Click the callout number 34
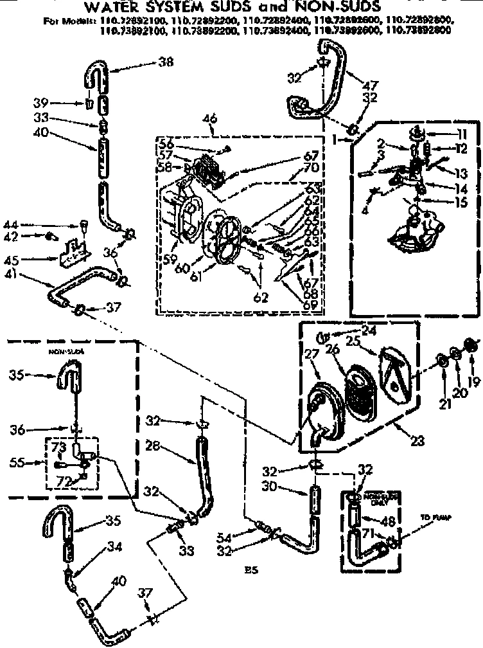pyautogui.click(x=115, y=547)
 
